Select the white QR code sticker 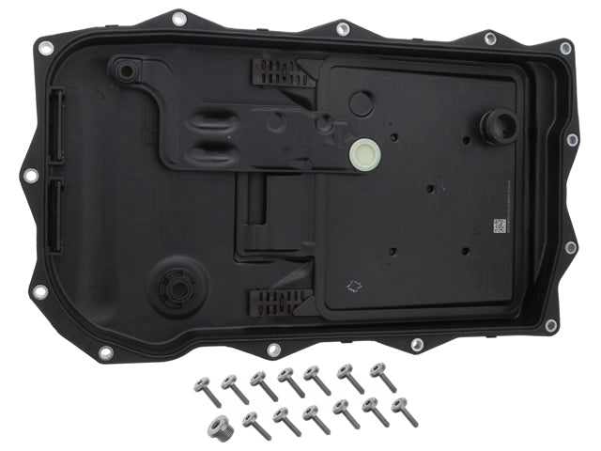point(500,225)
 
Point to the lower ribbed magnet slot point(280,302)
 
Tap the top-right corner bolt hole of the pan point(565,48)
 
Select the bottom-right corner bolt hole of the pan point(551,324)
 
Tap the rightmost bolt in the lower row point(405,411)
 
